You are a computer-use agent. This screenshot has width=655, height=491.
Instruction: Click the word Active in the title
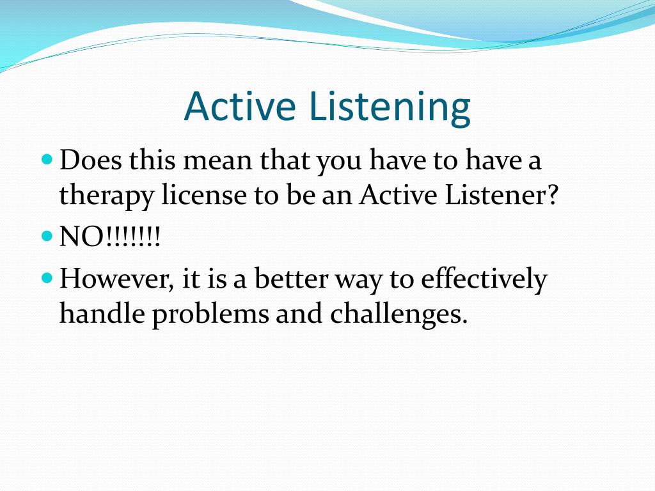pyautogui.click(x=240, y=106)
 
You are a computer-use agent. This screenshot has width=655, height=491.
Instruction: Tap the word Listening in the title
pyautogui.click(x=391, y=108)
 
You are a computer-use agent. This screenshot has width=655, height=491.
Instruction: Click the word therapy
pyautogui.click(x=106, y=196)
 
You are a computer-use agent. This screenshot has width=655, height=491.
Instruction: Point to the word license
pyautogui.click(x=204, y=194)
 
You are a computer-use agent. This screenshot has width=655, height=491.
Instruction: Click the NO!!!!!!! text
pyautogui.click(x=110, y=237)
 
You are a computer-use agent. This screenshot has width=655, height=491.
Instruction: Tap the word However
pyautogui.click(x=116, y=279)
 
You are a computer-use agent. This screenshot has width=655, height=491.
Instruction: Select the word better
pyautogui.click(x=291, y=278)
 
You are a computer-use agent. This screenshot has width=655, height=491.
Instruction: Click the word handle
pyautogui.click(x=102, y=313)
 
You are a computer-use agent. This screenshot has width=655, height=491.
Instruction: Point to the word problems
pyautogui.click(x=210, y=315)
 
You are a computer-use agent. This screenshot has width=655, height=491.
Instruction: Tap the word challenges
pyautogui.click(x=399, y=315)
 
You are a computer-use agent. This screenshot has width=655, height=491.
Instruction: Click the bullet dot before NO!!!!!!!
pyautogui.click(x=47, y=237)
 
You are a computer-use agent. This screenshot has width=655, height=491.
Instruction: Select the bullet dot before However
pyautogui.click(x=47, y=277)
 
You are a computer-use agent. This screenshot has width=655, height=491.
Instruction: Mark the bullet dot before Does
pyautogui.click(x=47, y=159)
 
